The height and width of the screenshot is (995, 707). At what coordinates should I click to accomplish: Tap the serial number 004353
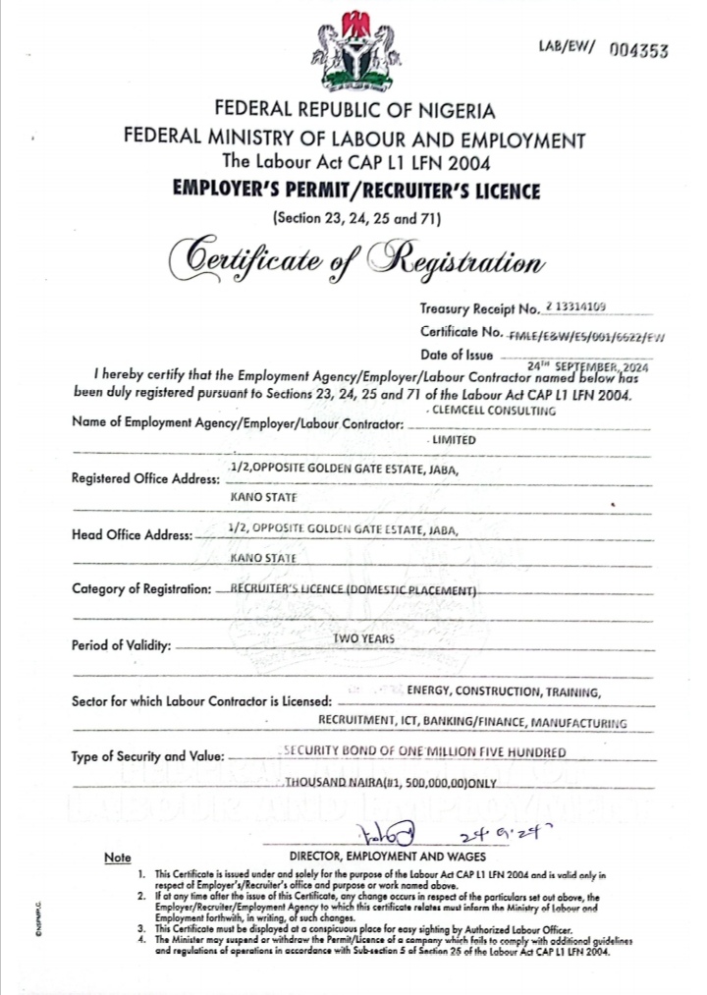tap(638, 51)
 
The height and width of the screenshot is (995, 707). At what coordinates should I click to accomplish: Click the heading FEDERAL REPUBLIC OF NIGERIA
tap(354, 111)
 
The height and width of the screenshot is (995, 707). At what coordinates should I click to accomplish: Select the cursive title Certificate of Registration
tap(354, 260)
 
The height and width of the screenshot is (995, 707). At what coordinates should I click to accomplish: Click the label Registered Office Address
tap(145, 479)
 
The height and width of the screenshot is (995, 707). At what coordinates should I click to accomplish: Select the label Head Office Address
tap(131, 536)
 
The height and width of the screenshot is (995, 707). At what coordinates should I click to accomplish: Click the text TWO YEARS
tap(363, 639)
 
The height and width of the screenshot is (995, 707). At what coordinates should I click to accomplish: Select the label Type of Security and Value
tap(148, 757)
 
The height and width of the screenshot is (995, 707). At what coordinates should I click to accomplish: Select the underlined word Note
tap(117, 858)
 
